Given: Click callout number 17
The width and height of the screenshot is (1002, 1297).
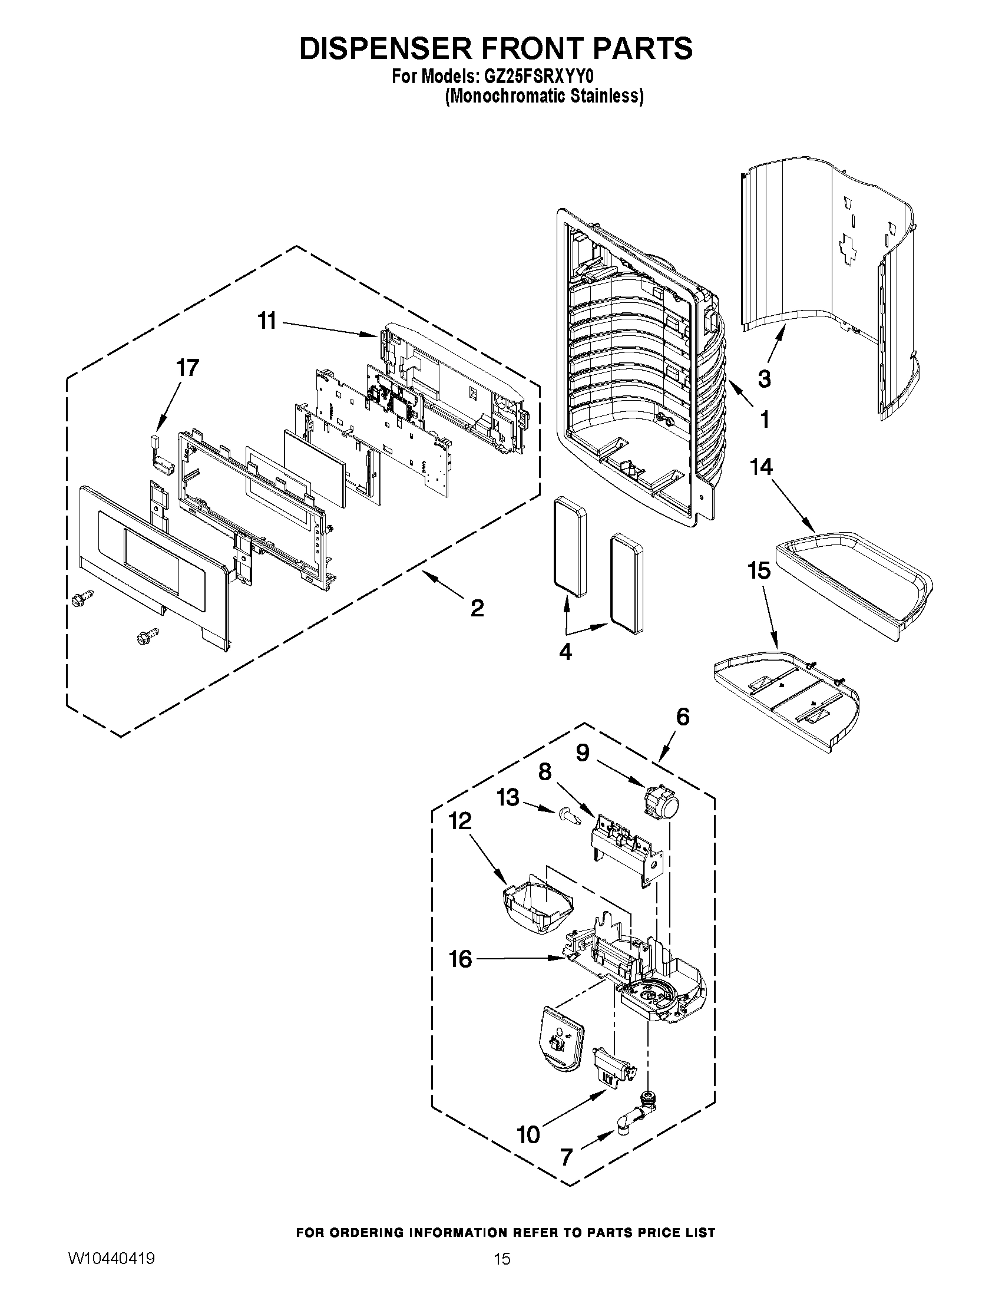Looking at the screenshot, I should (x=187, y=368).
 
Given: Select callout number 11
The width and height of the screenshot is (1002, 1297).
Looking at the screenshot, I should (x=266, y=321).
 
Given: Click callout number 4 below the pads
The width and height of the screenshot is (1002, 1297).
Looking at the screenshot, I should (x=565, y=652).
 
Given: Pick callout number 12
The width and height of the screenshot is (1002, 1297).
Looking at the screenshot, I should (x=460, y=821).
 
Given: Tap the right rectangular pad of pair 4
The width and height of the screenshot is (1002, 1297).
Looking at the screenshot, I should (x=625, y=585).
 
